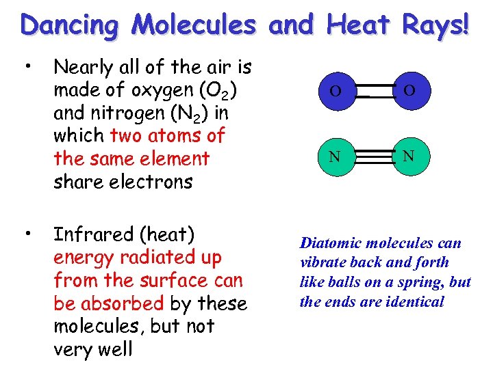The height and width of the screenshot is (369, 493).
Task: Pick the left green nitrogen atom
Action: (x=336, y=156)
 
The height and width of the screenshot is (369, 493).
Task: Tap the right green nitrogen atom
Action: (x=408, y=155)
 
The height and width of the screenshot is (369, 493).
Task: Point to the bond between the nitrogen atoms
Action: (x=372, y=156)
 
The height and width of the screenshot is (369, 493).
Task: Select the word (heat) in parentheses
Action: (x=167, y=234)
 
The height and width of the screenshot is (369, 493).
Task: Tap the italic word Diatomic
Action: (x=331, y=243)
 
